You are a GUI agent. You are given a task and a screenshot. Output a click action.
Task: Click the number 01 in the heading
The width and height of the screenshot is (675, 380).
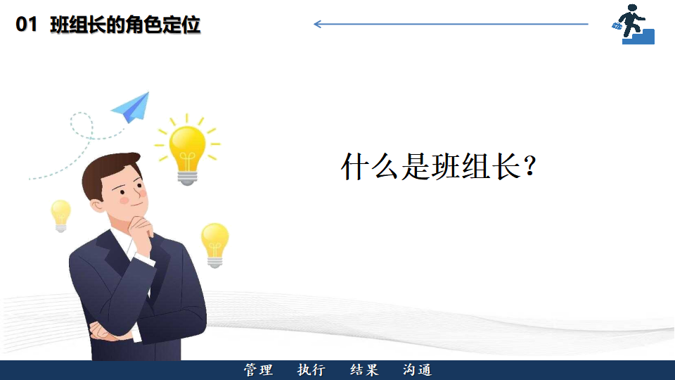pos(26,25)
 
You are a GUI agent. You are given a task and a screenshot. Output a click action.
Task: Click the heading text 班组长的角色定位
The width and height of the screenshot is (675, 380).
pos(125,25)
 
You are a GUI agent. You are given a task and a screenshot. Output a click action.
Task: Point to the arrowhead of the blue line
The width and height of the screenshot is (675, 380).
pos(318,24)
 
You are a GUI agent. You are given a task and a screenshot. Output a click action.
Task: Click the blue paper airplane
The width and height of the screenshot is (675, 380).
pos(131,107)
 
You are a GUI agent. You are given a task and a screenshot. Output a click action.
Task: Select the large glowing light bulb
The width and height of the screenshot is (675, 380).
pos(187,150)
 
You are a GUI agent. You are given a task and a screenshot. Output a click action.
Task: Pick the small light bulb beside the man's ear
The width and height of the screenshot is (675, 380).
pos(60,216)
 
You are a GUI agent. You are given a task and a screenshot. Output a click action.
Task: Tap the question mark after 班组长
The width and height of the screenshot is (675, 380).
pos(530,166)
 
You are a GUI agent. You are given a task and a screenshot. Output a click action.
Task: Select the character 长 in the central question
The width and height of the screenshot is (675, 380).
pos(507,166)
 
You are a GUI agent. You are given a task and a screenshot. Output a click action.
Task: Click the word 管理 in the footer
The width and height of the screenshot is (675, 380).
pos(258,370)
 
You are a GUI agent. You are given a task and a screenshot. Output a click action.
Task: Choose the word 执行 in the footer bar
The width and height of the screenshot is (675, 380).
pos(311,370)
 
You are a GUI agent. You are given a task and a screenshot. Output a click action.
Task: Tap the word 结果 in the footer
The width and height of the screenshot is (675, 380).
pos(364,370)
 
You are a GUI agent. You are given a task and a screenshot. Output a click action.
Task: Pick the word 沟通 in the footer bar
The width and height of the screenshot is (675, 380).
pos(417,370)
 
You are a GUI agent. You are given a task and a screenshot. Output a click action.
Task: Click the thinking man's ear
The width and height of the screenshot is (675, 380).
pos(97,205)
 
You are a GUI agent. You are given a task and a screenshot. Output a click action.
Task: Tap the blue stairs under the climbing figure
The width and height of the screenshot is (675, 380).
pos(640,37)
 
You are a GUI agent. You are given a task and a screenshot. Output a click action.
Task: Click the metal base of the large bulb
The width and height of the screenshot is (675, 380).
pos(187,177)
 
